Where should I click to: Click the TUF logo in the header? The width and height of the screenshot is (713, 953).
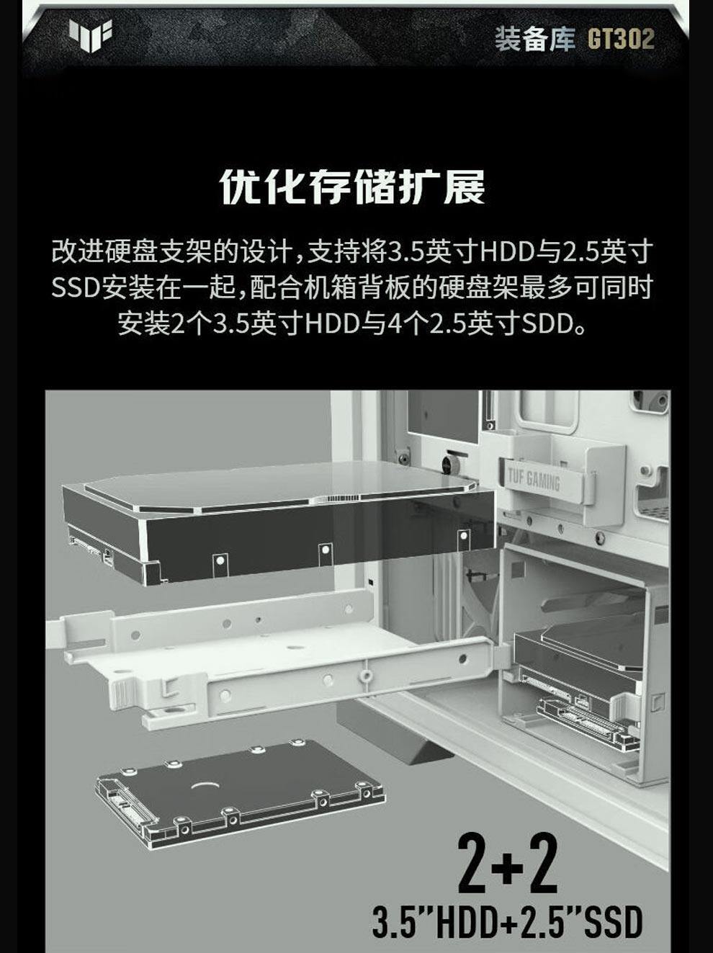point(90,35)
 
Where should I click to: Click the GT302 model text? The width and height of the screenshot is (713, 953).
point(621,39)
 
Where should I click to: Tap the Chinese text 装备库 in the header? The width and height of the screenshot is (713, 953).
point(536,39)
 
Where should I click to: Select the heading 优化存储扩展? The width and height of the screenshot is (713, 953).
point(352,187)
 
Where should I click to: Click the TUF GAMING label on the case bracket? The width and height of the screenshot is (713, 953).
point(534,480)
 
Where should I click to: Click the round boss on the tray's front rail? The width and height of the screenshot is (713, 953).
point(366,676)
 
